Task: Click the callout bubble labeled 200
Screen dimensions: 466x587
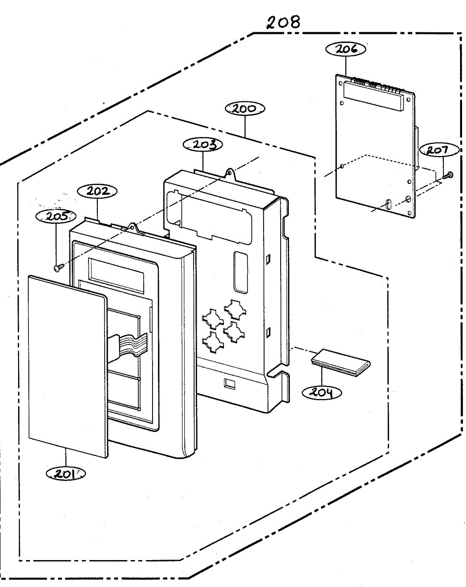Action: [244, 109]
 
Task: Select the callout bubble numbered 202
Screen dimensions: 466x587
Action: [97, 191]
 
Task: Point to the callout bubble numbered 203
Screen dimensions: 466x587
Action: [202, 144]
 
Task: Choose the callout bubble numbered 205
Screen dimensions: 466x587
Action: [56, 216]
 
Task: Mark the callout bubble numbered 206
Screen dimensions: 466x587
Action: [346, 49]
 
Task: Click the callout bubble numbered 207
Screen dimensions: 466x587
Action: [439, 150]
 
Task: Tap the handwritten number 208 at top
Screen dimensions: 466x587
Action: [283, 23]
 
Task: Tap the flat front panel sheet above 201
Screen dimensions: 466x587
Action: [68, 366]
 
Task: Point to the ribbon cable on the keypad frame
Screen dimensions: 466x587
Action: [128, 345]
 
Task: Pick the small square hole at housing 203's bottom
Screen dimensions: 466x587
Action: [229, 383]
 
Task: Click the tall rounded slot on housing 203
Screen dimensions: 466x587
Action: [241, 272]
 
